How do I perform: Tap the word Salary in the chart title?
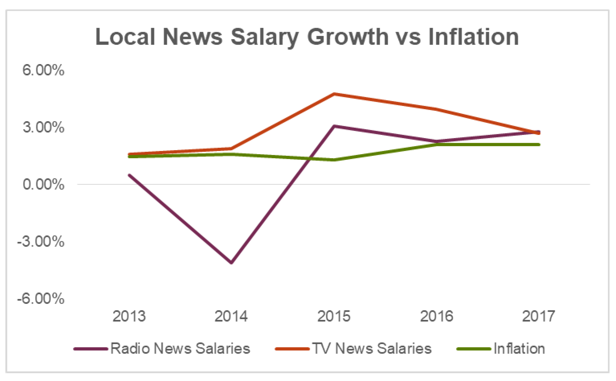click(x=265, y=37)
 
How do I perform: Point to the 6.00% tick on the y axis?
click(x=43, y=70)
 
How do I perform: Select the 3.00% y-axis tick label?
click(x=43, y=127)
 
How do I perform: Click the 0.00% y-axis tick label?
click(x=43, y=185)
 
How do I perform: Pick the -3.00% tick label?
click(x=41, y=241)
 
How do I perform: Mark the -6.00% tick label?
click(x=41, y=299)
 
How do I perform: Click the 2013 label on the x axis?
click(x=129, y=316)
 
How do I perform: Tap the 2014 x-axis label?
click(x=231, y=316)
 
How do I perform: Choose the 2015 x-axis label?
click(x=334, y=316)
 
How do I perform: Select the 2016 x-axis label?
click(x=437, y=316)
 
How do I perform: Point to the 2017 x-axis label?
click(x=539, y=316)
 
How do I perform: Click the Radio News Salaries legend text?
click(x=180, y=348)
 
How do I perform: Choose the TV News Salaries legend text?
click(x=372, y=348)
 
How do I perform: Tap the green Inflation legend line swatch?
click(x=473, y=349)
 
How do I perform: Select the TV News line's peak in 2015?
click(x=334, y=94)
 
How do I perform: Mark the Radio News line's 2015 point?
click(x=334, y=126)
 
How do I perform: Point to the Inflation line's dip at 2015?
click(x=334, y=160)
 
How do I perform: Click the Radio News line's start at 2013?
click(x=130, y=175)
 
